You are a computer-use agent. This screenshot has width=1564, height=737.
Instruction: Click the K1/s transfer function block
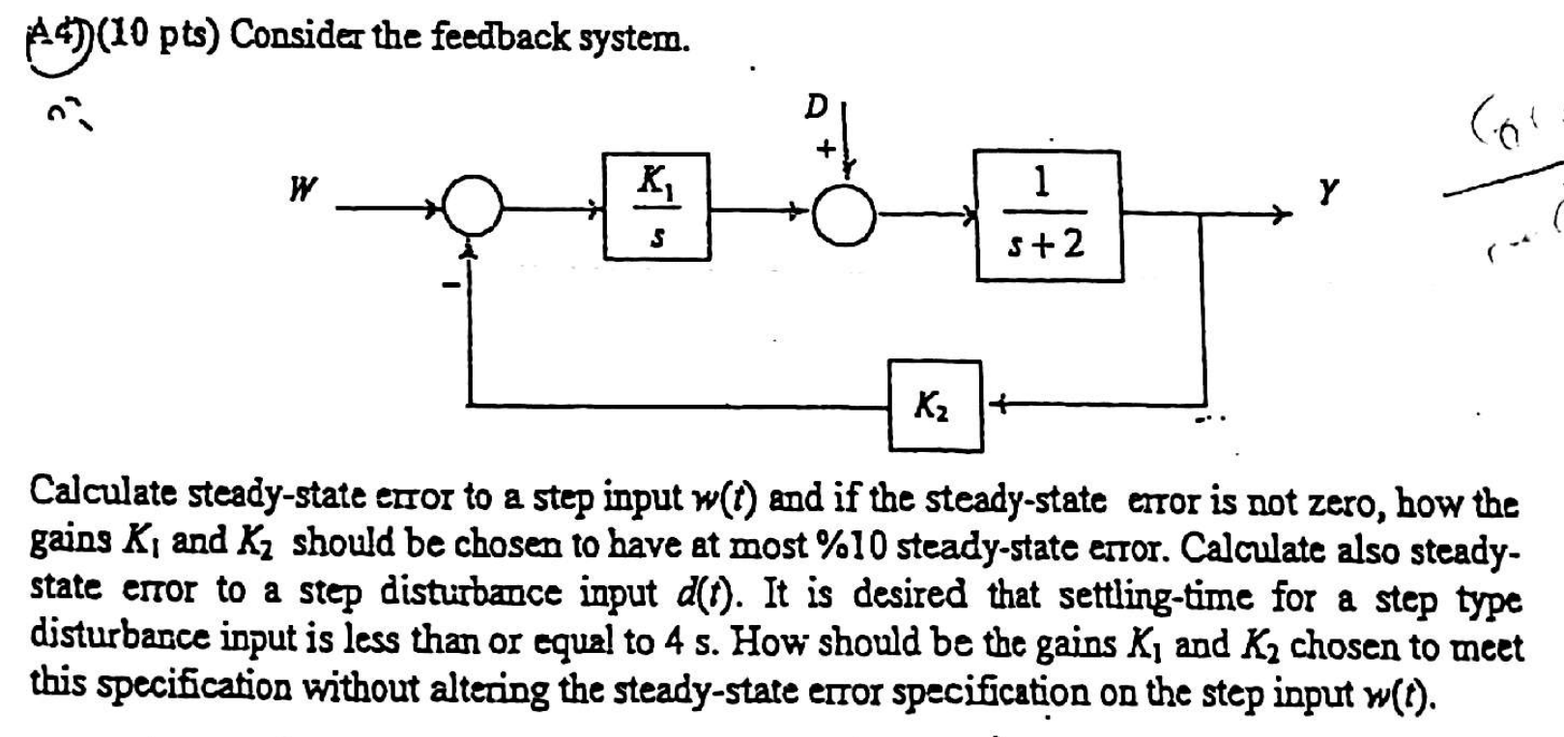657,206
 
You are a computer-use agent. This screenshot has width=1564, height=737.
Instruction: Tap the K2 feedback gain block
935,406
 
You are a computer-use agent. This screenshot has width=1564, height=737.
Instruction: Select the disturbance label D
817,107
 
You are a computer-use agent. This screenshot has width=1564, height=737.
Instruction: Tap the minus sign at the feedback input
447,285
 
